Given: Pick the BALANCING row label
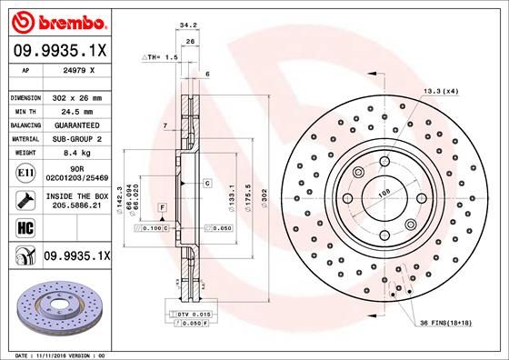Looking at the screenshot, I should coord(25,125).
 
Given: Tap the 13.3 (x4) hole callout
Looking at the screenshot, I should coord(441,91).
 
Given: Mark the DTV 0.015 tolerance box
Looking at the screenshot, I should coord(181,313).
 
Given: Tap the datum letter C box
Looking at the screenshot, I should coord(207,183).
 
